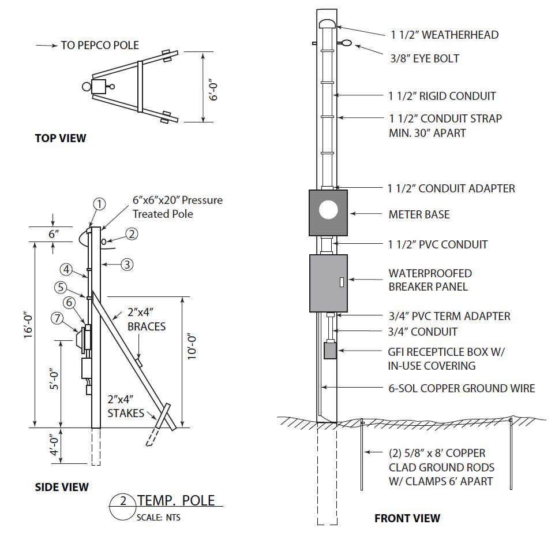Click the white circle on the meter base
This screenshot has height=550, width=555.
click(x=328, y=210)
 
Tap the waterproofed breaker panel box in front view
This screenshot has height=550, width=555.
click(x=328, y=283)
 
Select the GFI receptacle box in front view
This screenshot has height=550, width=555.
click(x=330, y=351)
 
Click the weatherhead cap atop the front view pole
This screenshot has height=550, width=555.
click(x=327, y=24)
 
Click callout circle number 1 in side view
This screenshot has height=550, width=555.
click(x=100, y=204)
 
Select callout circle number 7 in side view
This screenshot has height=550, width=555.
click(x=57, y=318)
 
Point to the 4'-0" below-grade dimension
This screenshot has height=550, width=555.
click(x=52, y=445)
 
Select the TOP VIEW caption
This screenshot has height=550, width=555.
click(x=61, y=138)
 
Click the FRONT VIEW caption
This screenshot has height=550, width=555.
click(x=407, y=518)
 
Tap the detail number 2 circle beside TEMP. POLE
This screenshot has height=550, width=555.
click(x=122, y=501)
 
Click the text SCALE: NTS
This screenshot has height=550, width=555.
click(x=158, y=518)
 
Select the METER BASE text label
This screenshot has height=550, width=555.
click(x=419, y=214)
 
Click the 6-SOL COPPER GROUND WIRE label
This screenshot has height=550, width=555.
click(x=462, y=388)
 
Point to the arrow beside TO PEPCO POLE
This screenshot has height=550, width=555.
click(x=46, y=46)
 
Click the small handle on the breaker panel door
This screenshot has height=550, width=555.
click(x=341, y=283)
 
